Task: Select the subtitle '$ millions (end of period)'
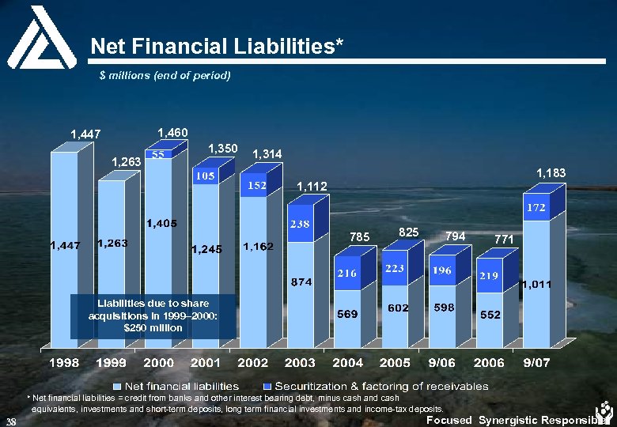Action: (165, 75)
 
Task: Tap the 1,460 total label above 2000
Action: (173, 131)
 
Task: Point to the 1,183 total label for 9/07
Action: (552, 172)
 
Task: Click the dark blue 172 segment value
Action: (537, 207)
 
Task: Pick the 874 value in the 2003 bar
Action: (301, 282)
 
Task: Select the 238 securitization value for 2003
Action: (300, 225)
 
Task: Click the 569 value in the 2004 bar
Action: (348, 314)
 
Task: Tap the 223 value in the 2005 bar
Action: (395, 269)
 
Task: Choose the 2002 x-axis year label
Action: (253, 363)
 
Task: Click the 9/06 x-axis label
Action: (442, 363)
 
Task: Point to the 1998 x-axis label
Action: (65, 363)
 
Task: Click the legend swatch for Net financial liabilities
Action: (116, 386)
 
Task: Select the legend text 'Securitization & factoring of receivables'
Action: (381, 386)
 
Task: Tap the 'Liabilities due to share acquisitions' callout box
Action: (152, 316)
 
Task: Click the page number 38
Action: (10, 419)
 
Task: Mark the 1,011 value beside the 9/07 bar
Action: (535, 284)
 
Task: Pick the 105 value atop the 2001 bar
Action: (206, 176)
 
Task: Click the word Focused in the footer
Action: (449, 420)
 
